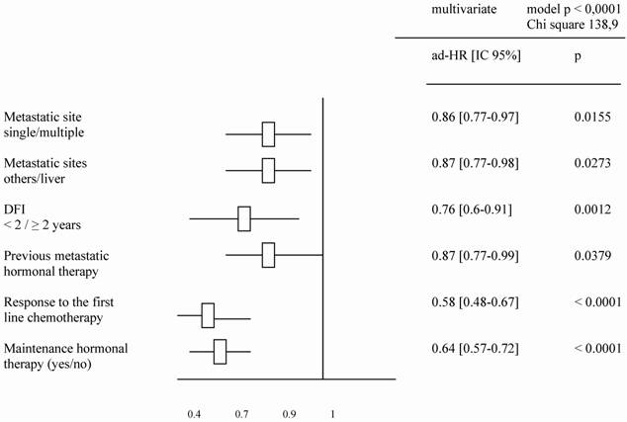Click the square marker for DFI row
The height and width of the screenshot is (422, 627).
pyautogui.click(x=244, y=217)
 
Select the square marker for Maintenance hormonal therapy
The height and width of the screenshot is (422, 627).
pyautogui.click(x=220, y=351)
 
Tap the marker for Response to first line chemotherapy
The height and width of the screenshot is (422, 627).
pyautogui.click(x=208, y=315)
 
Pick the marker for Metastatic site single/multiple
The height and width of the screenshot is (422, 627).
pyautogui.click(x=268, y=133)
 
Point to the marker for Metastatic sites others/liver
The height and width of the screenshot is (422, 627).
pyautogui.click(x=268, y=170)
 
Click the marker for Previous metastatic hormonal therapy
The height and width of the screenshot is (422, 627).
pyautogui.click(x=268, y=255)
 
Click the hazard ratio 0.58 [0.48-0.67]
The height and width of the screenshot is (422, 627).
pyautogui.click(x=470, y=300)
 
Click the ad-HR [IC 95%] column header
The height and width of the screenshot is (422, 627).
pyautogui.click(x=471, y=57)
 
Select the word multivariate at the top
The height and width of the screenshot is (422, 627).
pyautogui.click(x=453, y=9)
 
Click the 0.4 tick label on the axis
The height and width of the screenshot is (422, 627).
pyautogui.click(x=195, y=408)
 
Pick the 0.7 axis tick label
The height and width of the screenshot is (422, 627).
pyautogui.click(x=241, y=408)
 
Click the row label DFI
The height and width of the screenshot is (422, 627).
pyautogui.click(x=15, y=209)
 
